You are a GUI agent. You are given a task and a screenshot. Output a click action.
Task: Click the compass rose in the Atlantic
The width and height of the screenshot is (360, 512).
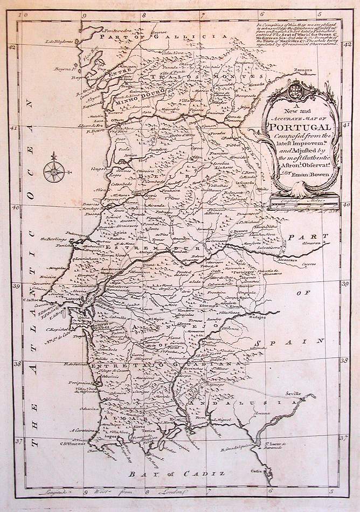tap(53, 171)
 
